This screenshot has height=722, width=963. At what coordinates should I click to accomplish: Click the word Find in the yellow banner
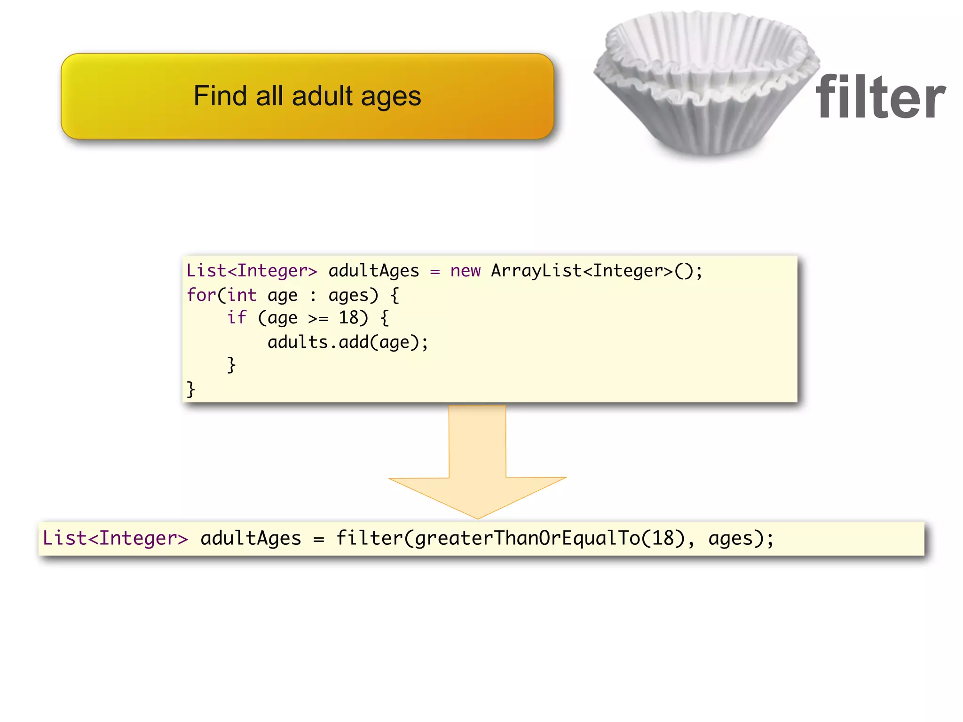click(220, 96)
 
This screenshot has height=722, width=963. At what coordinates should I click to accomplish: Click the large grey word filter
click(880, 98)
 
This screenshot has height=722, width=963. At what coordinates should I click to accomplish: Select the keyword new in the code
click(465, 271)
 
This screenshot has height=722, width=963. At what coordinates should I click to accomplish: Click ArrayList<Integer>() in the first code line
click(596, 271)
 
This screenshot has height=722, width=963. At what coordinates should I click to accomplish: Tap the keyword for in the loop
click(201, 295)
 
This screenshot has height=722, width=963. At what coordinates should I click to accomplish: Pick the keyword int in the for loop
click(242, 295)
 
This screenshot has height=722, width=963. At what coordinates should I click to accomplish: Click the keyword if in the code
click(237, 318)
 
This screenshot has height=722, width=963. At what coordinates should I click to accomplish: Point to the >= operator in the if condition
click(318, 319)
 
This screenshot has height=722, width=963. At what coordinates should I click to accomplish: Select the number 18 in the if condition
click(348, 318)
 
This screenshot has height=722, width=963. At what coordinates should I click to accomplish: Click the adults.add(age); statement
click(347, 342)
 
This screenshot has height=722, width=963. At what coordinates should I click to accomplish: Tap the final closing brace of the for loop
click(190, 389)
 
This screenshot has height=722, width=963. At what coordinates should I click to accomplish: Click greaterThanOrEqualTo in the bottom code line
click(527, 539)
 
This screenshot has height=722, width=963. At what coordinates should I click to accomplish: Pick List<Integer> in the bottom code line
click(115, 538)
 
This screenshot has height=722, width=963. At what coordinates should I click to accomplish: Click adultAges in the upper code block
click(373, 271)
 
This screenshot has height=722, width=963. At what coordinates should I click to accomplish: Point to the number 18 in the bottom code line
click(663, 538)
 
